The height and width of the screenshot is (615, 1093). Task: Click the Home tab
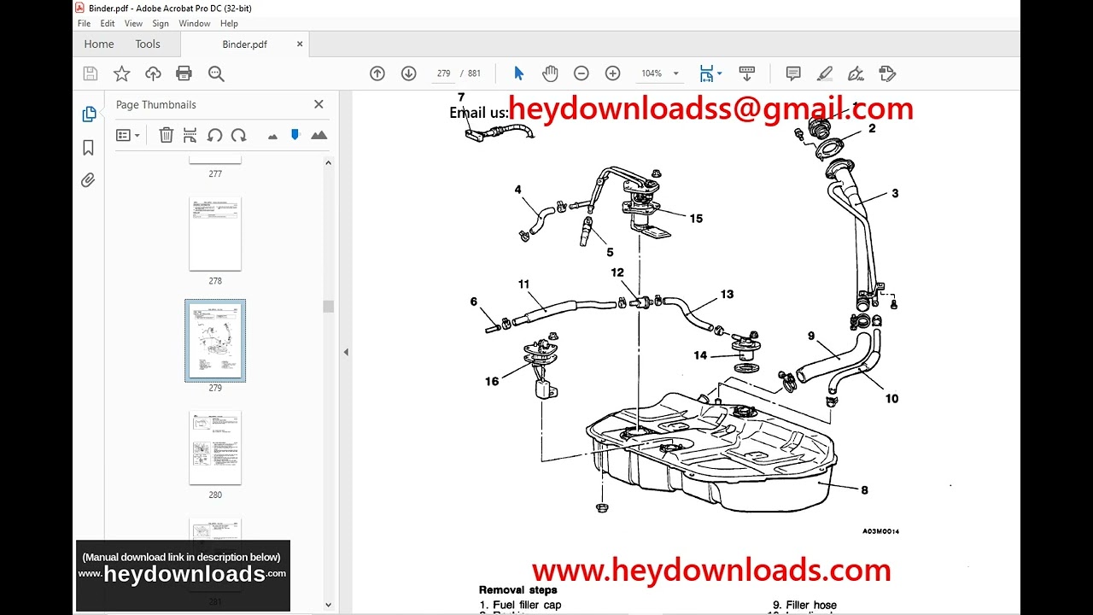pyautogui.click(x=99, y=44)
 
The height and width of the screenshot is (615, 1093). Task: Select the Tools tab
pyautogui.click(x=148, y=44)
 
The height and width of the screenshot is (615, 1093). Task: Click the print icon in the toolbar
pyautogui.click(x=184, y=73)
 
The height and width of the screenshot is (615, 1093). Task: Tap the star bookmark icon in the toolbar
pyautogui.click(x=122, y=73)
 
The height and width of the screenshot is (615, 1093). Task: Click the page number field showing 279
pyautogui.click(x=443, y=73)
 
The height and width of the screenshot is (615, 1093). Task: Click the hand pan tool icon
pyautogui.click(x=550, y=73)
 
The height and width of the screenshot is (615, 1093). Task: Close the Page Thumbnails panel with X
pyautogui.click(x=319, y=104)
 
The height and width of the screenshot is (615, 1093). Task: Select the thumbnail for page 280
pyautogui.click(x=215, y=448)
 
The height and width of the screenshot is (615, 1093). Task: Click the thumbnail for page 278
pyautogui.click(x=215, y=234)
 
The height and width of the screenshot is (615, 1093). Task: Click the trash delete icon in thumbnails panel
pyautogui.click(x=167, y=135)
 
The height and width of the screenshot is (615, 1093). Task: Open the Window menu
pyautogui.click(x=195, y=24)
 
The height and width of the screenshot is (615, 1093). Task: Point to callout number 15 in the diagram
pyautogui.click(x=696, y=219)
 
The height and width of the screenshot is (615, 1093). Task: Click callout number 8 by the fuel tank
pyautogui.click(x=864, y=490)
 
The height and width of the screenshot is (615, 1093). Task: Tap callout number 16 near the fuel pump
pyautogui.click(x=492, y=382)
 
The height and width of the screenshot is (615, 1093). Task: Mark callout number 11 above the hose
pyautogui.click(x=523, y=284)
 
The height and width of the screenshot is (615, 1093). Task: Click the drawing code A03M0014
pyautogui.click(x=880, y=531)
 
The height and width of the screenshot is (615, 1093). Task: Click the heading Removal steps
pyautogui.click(x=517, y=589)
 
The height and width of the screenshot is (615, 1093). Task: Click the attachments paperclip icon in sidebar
pyautogui.click(x=88, y=180)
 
